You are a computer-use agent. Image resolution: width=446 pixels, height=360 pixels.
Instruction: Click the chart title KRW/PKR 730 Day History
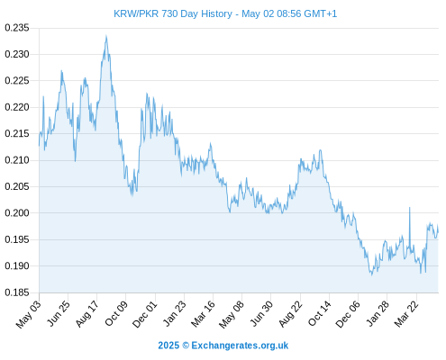(x=173, y=13)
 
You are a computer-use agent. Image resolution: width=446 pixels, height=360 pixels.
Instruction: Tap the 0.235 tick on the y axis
(x=17, y=28)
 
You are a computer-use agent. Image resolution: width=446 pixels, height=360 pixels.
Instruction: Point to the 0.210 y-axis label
(x=17, y=160)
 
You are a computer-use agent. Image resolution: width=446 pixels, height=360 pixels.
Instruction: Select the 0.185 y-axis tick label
(x=17, y=292)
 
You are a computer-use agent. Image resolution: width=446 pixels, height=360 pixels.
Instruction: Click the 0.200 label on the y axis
(x=17, y=213)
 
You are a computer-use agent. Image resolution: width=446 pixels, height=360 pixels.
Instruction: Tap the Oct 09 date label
(x=116, y=313)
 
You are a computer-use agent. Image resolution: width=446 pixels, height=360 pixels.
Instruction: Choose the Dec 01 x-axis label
(x=145, y=314)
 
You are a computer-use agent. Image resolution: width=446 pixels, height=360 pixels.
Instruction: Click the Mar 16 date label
(x=203, y=314)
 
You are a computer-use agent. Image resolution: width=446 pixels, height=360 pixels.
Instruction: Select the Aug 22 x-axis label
(x=290, y=314)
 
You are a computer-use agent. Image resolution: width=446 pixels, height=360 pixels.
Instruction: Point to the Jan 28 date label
(x=378, y=313)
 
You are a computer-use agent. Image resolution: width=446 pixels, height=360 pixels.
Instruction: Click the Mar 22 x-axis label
(x=406, y=314)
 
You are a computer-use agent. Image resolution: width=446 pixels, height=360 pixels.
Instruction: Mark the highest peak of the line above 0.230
(x=106, y=36)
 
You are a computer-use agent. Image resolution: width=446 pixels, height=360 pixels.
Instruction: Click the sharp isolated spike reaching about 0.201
(x=409, y=208)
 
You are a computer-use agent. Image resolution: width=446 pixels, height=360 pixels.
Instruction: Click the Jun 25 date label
(x=59, y=313)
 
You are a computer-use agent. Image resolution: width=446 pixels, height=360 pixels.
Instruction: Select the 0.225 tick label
(x=17, y=81)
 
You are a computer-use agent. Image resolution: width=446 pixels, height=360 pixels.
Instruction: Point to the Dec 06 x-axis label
(x=348, y=314)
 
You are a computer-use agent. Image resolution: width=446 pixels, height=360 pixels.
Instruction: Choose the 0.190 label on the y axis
(x=17, y=266)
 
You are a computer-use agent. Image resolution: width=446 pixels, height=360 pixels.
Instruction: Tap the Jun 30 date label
(x=261, y=313)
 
